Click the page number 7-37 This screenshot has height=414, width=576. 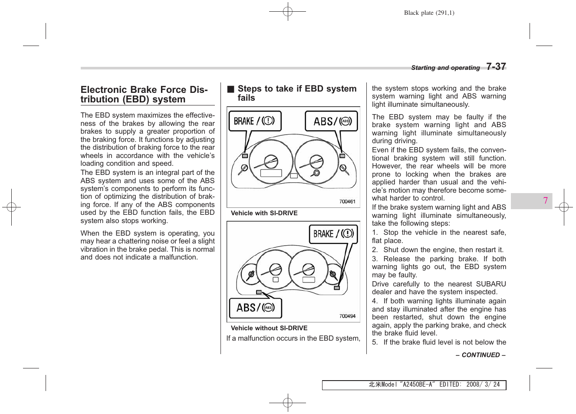click(x=496, y=67)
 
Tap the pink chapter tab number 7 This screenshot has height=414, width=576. click(x=545, y=200)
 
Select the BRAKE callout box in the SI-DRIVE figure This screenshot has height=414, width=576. click(x=255, y=121)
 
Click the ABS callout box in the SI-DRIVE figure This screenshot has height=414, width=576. click(x=331, y=121)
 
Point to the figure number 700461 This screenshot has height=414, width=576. click(x=347, y=201)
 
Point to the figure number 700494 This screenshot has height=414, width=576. click(x=347, y=316)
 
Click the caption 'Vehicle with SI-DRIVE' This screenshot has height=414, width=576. click(x=264, y=213)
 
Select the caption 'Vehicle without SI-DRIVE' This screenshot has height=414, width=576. click(x=269, y=328)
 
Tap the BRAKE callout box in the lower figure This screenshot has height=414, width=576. click(x=333, y=234)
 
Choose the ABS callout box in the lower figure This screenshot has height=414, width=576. click(x=255, y=308)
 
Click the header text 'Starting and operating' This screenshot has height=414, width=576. click(x=445, y=68)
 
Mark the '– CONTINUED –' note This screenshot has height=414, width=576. click(x=481, y=355)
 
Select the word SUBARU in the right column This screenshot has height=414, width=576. click(x=491, y=284)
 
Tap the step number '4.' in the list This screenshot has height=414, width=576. click(x=375, y=301)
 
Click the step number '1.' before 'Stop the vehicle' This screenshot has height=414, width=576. click(x=375, y=233)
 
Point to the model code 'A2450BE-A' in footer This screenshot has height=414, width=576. click(x=417, y=384)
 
